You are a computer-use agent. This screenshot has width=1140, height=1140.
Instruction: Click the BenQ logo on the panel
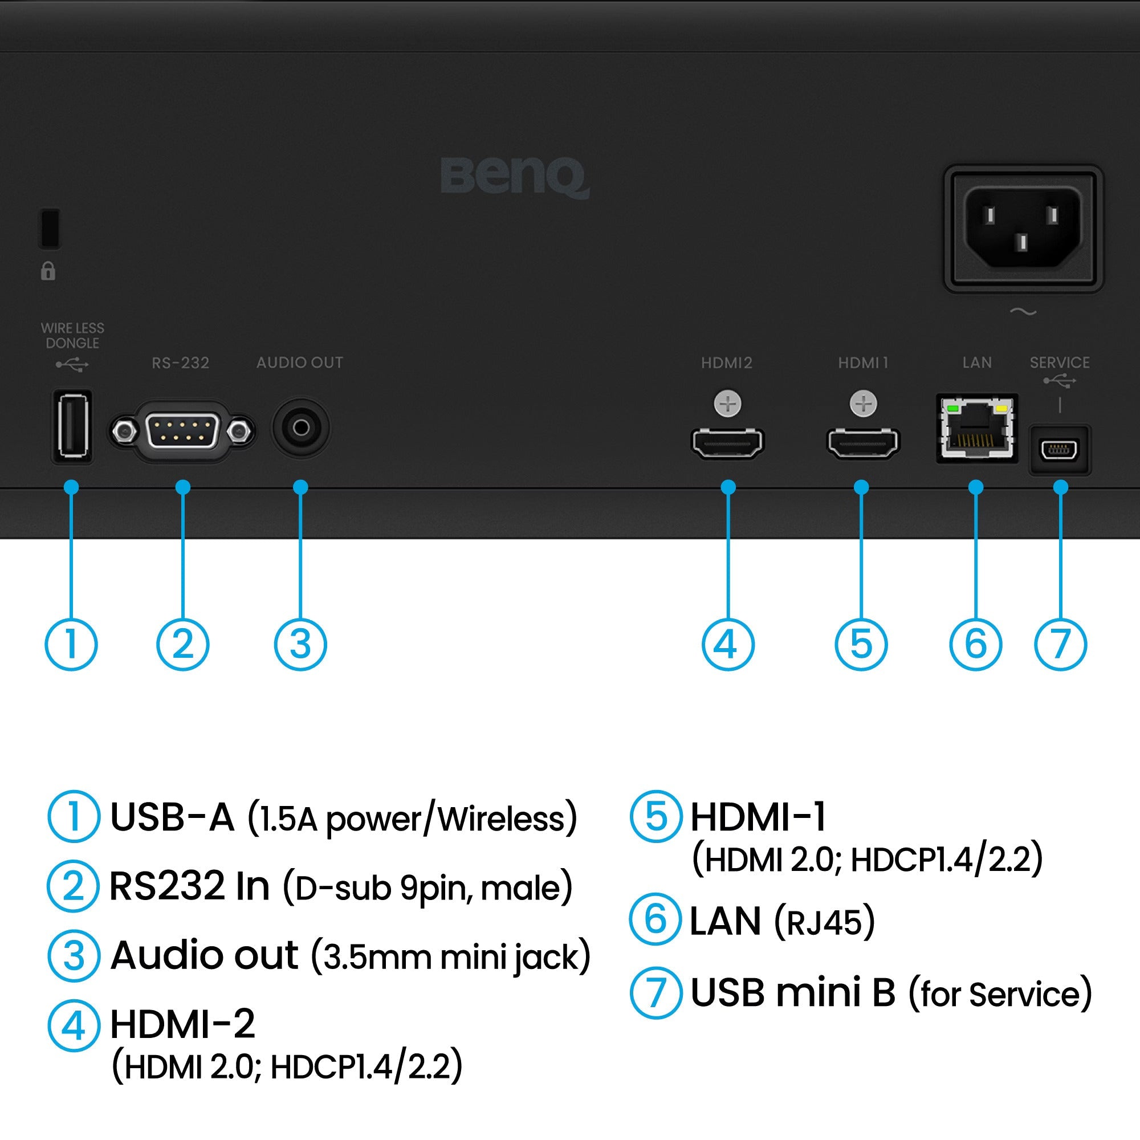point(515,177)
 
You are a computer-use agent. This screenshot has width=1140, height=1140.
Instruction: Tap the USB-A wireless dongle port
point(72,426)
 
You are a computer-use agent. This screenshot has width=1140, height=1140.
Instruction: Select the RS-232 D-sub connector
point(182,431)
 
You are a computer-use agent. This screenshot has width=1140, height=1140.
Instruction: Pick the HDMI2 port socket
point(727,442)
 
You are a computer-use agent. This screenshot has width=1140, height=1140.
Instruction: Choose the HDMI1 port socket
point(862,442)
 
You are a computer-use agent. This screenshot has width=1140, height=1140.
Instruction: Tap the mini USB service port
point(1060,451)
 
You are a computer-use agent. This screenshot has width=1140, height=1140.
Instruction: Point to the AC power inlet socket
point(1023,228)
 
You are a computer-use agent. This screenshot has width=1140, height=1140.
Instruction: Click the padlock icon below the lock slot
point(48,271)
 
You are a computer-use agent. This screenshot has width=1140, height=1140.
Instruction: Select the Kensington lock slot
point(50,227)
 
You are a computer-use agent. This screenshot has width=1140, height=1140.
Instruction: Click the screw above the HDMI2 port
point(727,405)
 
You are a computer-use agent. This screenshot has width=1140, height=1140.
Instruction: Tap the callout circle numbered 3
point(300,644)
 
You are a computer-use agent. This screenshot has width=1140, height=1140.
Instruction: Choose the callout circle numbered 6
point(975,644)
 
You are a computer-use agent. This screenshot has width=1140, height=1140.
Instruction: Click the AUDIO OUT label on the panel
point(300,363)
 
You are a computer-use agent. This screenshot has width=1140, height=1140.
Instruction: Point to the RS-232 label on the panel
point(181,363)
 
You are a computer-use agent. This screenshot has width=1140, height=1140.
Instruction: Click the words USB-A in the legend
point(172,818)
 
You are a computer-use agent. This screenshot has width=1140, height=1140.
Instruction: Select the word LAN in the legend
point(725,921)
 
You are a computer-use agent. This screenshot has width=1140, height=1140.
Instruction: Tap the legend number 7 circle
point(655,993)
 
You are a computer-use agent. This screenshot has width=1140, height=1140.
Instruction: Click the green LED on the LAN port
point(951,408)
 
